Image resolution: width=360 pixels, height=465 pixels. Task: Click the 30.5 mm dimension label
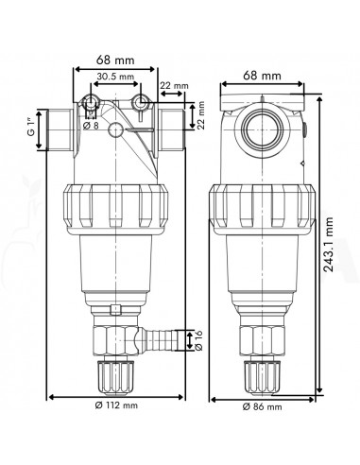click(x=115, y=77)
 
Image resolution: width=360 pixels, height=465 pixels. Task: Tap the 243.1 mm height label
click(x=329, y=244)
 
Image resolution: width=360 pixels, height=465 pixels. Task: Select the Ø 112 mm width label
click(x=116, y=405)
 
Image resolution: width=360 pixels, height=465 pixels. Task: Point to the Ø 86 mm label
click(x=262, y=406)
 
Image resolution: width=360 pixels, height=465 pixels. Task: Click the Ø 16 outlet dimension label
click(x=198, y=340)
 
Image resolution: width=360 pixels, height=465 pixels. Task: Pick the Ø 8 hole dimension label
click(x=91, y=126)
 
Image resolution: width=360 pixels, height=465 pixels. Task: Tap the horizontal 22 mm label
click(x=174, y=85)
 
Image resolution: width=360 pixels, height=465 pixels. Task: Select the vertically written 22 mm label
click(x=201, y=115)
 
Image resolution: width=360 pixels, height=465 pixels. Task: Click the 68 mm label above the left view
click(x=115, y=60)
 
